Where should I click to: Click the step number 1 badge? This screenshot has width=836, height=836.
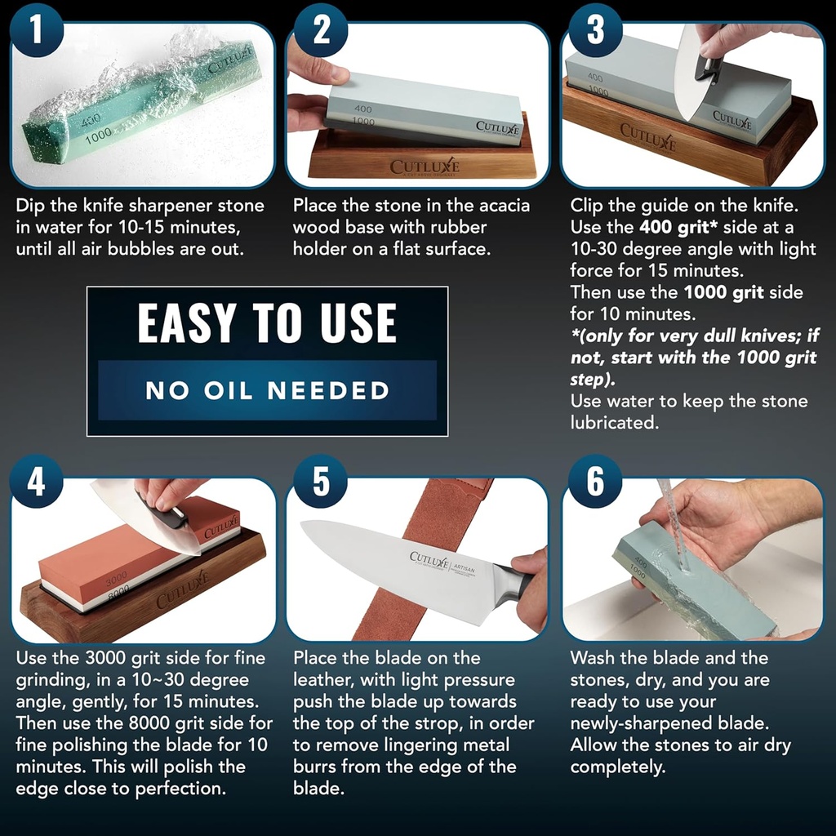tap(36, 29)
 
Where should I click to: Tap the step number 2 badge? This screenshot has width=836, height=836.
tap(321, 29)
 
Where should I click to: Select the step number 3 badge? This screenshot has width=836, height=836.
tap(596, 29)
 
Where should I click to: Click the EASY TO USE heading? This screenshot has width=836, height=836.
tap(267, 323)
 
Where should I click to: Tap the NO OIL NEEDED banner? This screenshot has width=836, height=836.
tap(267, 390)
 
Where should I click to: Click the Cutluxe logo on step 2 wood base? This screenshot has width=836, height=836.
tap(425, 167)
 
